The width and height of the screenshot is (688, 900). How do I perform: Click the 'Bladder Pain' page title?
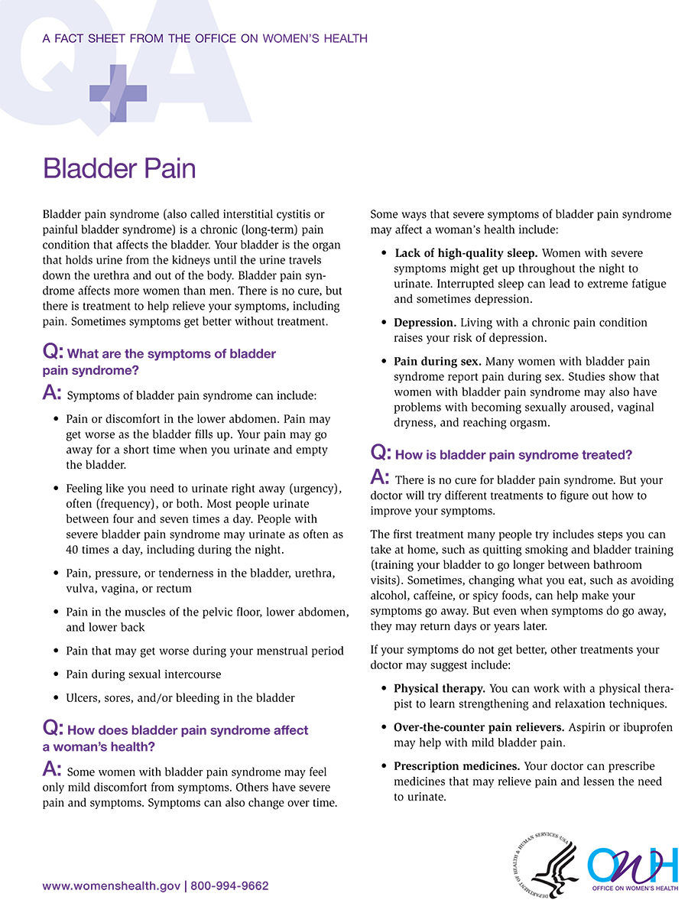pyautogui.click(x=120, y=168)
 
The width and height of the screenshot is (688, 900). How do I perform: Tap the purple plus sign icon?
pyautogui.click(x=118, y=93)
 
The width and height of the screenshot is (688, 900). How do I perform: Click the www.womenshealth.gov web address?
pyautogui.click(x=112, y=886)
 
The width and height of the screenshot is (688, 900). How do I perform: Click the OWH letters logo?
pyautogui.click(x=631, y=861)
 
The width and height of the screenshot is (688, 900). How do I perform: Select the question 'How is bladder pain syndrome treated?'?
pyautogui.click(x=513, y=455)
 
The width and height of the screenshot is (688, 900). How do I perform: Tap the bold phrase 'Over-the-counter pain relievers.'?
pyautogui.click(x=480, y=727)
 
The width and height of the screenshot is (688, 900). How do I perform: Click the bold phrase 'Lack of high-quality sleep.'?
pyautogui.click(x=466, y=252)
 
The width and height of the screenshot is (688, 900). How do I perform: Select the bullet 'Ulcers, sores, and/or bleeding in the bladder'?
pyautogui.click(x=180, y=697)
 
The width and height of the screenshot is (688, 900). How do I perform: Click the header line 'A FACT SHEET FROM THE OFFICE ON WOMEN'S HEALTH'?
pyautogui.click(x=205, y=38)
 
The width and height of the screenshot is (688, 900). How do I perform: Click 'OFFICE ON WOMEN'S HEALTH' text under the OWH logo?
pyautogui.click(x=633, y=888)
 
